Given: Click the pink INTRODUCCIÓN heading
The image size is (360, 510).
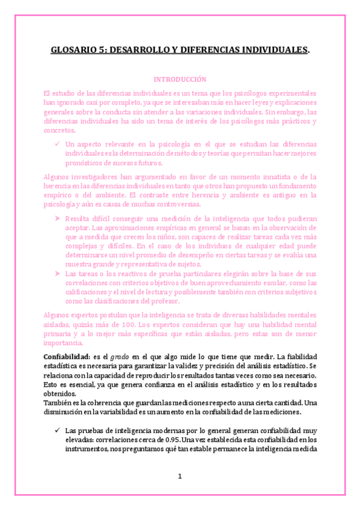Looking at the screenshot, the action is pos(180,79).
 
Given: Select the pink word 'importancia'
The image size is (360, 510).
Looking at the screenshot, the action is pos(64,343).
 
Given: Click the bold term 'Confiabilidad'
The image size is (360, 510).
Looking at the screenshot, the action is pos(67,357).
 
